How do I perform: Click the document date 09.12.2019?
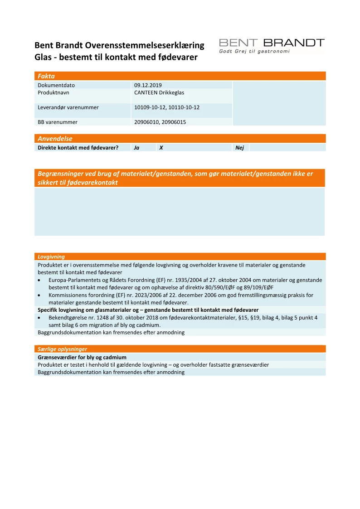[148, 85]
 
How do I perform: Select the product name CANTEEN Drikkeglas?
[159, 92]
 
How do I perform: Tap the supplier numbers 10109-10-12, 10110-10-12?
[167, 107]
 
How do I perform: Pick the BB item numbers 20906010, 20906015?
[160, 122]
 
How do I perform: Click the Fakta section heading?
[46, 76]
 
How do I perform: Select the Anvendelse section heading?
[55, 139]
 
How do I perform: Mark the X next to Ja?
[161, 148]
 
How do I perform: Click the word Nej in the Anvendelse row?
[239, 148]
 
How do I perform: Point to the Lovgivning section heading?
[51, 257]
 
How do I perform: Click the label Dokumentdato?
[56, 85]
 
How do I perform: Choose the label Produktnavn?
[54, 92]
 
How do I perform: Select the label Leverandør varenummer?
[68, 107]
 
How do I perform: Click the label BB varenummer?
[58, 122]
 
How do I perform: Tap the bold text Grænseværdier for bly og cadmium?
[82, 357]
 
